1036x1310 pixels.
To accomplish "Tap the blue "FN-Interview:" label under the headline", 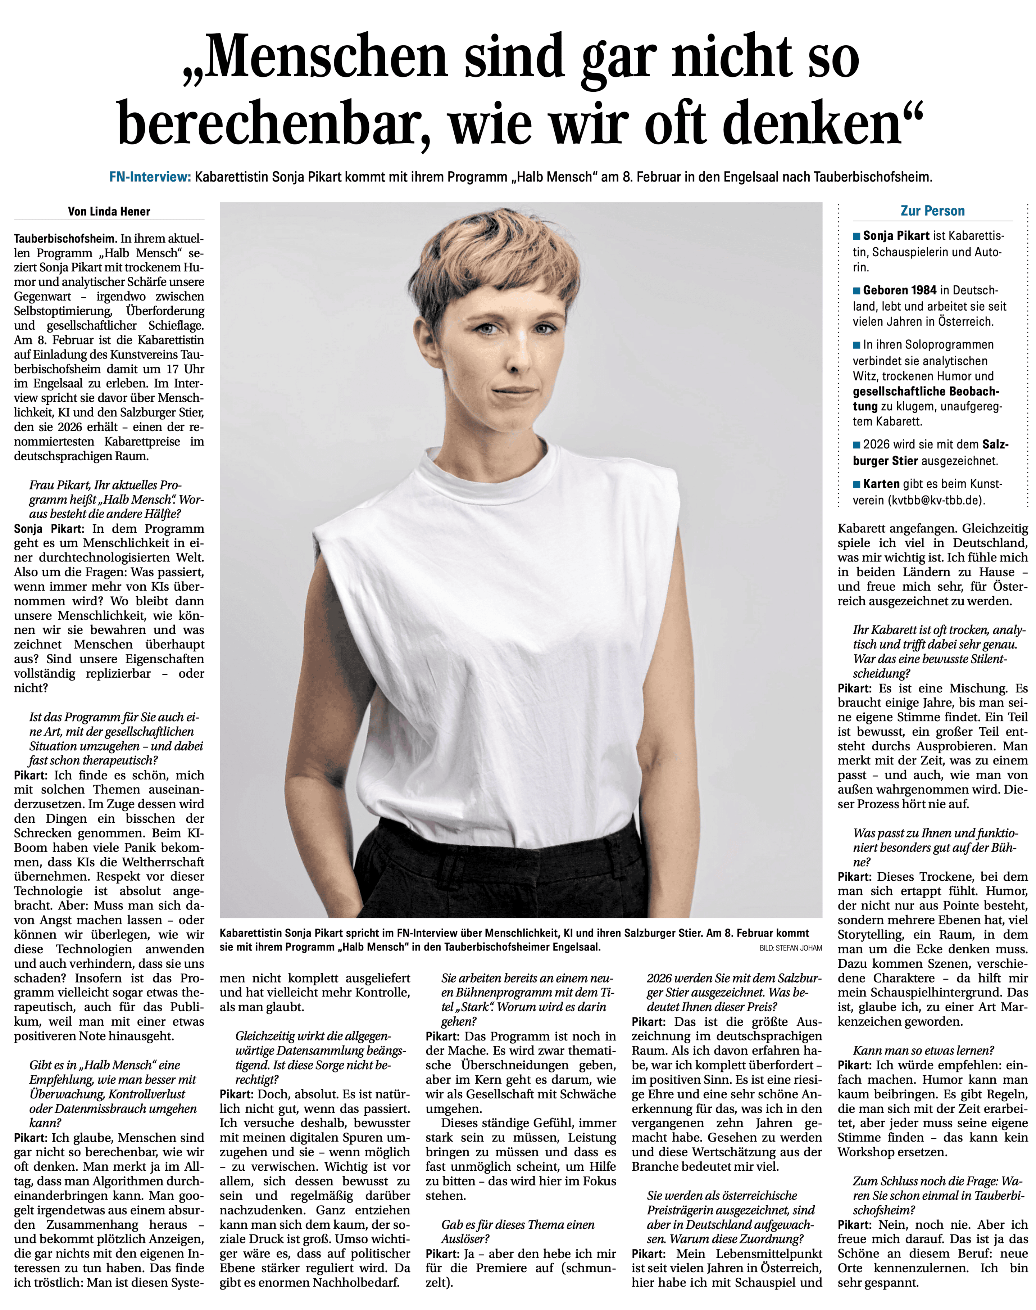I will coord(150,177).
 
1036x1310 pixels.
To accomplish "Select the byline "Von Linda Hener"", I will coord(109,211).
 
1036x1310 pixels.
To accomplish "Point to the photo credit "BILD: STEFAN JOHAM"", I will coord(790,947).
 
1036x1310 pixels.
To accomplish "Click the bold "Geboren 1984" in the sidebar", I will coord(900,290).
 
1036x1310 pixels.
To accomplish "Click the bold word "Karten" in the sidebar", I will coord(881,484).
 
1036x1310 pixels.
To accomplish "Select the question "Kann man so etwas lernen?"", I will coord(923,1050).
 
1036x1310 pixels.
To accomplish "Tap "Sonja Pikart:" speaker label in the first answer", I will coord(49,528).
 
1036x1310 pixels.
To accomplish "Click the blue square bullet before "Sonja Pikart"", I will coord(856,236).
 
